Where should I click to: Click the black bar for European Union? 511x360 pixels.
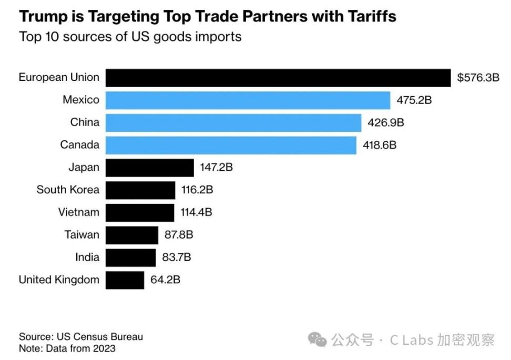click(278, 78)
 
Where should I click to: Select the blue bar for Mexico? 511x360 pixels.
click(248, 100)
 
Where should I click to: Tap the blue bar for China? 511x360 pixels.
click(233, 122)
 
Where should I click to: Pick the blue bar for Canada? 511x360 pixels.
click(231, 145)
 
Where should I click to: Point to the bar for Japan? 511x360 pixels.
click(150, 168)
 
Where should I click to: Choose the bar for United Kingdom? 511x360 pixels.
click(125, 280)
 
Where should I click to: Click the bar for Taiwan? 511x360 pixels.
click(131, 235)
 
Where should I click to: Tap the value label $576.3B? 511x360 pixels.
click(478, 78)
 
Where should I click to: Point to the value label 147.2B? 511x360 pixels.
click(216, 168)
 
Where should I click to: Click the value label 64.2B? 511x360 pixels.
click(166, 280)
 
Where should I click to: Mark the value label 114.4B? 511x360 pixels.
click(196, 212)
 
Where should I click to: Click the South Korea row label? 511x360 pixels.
click(68, 190)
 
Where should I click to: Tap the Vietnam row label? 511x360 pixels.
click(78, 212)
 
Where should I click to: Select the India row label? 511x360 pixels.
click(87, 258)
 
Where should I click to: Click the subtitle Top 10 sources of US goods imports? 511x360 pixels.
click(130, 37)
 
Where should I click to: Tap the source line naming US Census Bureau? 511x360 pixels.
click(81, 337)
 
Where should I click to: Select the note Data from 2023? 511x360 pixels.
click(67, 348)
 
